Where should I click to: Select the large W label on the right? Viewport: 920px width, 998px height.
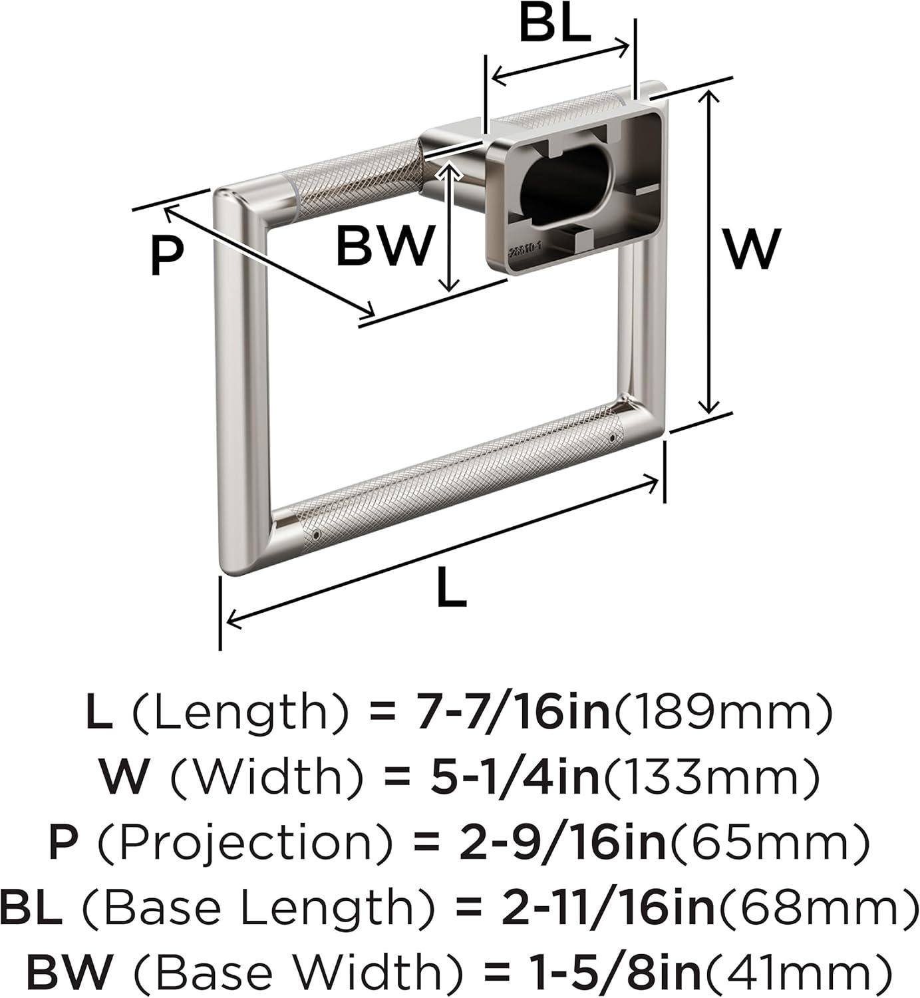(x=752, y=249)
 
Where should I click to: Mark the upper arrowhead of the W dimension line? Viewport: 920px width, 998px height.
(x=708, y=96)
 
